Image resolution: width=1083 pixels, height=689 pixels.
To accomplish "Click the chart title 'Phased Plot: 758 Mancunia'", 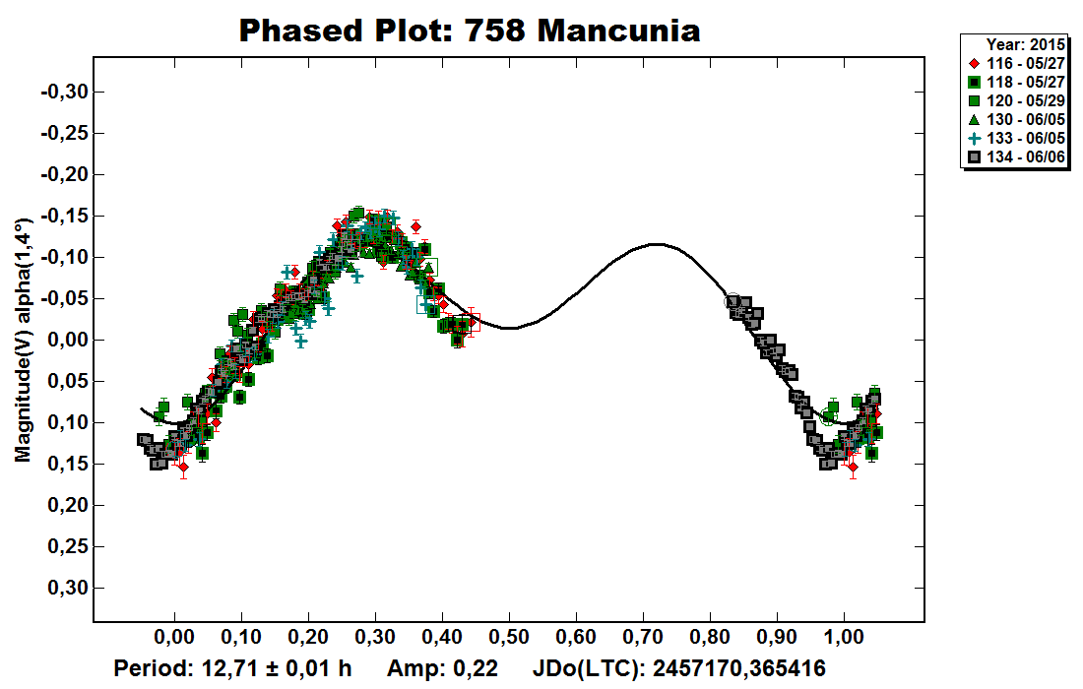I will pyautogui.click(x=470, y=31).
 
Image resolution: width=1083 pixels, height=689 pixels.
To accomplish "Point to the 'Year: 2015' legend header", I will pyautogui.click(x=1024, y=44).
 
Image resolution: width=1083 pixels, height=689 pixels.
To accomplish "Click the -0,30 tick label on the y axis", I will pyautogui.click(x=66, y=92).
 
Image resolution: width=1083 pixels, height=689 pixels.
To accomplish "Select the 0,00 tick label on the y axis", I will pyautogui.click(x=69, y=340).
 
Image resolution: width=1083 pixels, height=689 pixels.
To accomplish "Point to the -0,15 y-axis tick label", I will pyautogui.click(x=66, y=216).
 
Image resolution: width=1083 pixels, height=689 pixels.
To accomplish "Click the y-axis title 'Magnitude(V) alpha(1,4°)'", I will pyautogui.click(x=23, y=340).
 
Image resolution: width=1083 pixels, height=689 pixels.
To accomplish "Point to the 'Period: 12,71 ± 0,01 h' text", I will pyautogui.click(x=233, y=668).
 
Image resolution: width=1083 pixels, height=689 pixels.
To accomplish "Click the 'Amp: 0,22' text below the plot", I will pyautogui.click(x=443, y=668).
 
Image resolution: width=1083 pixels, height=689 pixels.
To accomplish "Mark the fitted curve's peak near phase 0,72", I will pyautogui.click(x=657, y=244).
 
